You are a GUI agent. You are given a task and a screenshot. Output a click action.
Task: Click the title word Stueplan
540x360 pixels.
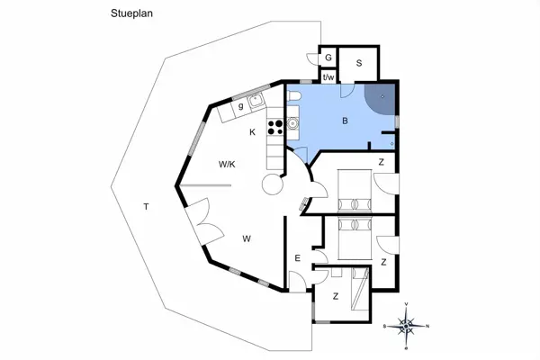click(x=131, y=13)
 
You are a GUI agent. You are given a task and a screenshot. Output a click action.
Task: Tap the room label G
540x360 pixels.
click(x=328, y=58)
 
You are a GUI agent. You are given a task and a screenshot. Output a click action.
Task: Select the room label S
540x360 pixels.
click(x=359, y=63)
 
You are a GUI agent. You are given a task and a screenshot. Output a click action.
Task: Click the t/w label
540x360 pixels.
click(x=328, y=77)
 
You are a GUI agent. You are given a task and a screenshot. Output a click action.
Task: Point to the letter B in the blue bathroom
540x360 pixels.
click(x=345, y=121)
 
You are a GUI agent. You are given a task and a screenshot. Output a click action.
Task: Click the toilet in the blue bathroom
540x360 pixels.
click(x=293, y=96)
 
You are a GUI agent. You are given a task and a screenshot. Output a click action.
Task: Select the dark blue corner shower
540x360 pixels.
click(x=380, y=99)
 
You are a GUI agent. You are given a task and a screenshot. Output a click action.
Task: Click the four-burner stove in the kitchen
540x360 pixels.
click(x=275, y=127)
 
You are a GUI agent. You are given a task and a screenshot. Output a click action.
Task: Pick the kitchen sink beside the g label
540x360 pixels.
click(x=256, y=101)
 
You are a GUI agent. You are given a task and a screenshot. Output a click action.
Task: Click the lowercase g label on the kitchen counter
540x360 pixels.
click(x=240, y=106)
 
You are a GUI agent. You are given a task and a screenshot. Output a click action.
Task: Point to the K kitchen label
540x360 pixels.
click(x=252, y=132)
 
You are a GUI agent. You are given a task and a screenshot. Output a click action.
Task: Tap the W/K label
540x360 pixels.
click(x=227, y=165)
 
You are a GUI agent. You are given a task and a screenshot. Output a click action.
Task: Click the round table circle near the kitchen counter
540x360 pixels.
click(x=273, y=184)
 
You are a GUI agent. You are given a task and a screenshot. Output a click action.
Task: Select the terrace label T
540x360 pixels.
click(x=147, y=207)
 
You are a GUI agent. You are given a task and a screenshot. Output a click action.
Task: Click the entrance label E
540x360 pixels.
click(x=298, y=258)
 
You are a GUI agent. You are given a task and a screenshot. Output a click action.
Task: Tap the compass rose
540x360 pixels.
click(x=407, y=326)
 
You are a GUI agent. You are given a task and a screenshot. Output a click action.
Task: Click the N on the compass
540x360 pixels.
click(x=427, y=326)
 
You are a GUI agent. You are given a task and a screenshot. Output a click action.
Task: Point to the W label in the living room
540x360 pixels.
click(x=247, y=238)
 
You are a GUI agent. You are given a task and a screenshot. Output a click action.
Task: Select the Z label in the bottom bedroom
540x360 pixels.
click(x=336, y=296)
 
